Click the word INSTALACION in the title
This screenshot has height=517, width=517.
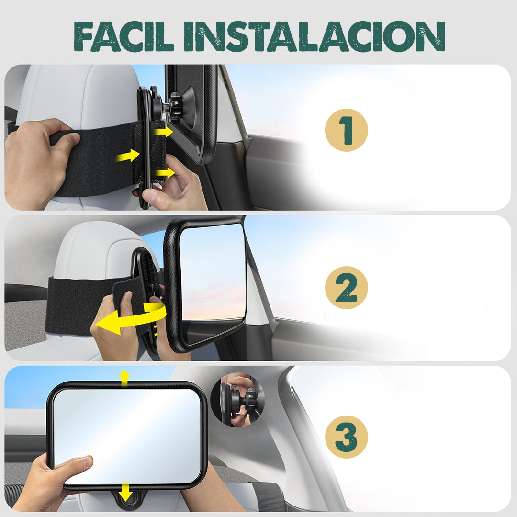[x=314, y=36]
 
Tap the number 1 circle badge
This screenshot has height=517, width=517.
[x=346, y=130]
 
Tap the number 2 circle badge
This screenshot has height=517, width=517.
[x=346, y=288]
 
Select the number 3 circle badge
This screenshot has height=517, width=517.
[x=346, y=437]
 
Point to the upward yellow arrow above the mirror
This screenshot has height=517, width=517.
[x=124, y=377]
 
